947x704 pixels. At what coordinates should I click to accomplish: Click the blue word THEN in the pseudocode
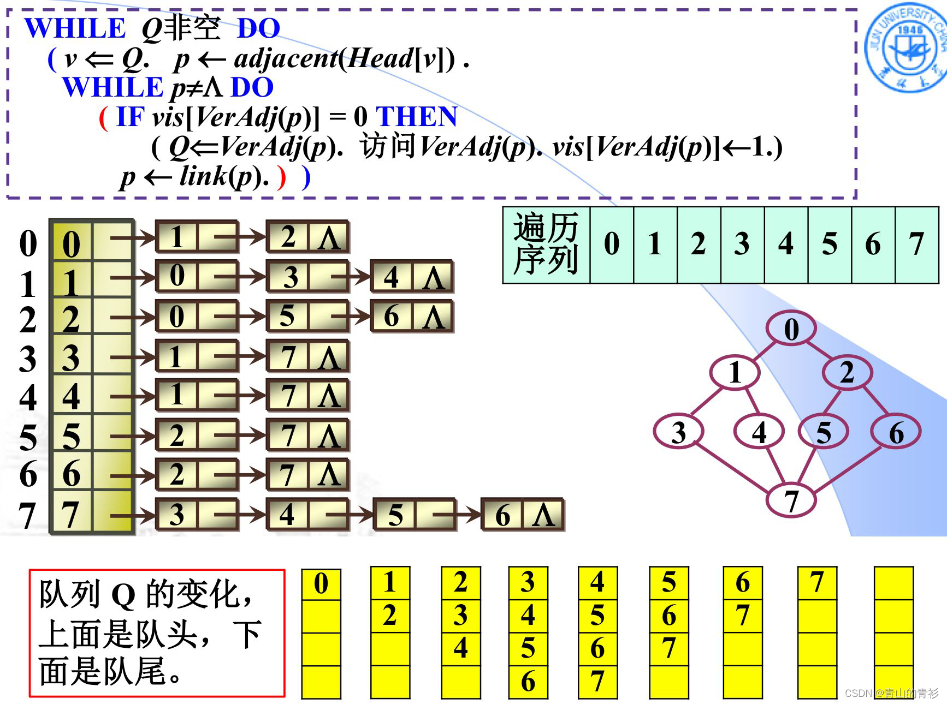tap(417, 117)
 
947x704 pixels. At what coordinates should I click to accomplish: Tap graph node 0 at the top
tap(791, 329)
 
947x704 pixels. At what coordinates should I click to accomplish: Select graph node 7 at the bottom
tap(791, 499)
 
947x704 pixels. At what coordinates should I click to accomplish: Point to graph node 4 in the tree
tap(759, 432)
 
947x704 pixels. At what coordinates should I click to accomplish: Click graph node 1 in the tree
tap(735, 373)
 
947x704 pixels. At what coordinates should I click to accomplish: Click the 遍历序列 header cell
tap(546, 244)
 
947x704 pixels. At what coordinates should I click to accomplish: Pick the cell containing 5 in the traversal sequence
tap(829, 244)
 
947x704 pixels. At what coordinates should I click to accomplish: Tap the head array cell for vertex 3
tap(71, 357)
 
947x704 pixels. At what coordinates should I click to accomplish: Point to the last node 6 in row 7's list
tap(502, 515)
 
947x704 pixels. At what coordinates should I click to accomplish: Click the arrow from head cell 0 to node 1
tap(133, 237)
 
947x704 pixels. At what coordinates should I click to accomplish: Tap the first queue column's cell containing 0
tap(321, 584)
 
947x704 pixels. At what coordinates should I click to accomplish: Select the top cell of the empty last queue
tap(893, 583)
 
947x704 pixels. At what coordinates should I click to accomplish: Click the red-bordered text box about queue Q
tap(157, 633)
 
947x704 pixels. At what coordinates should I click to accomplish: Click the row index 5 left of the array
tap(27, 437)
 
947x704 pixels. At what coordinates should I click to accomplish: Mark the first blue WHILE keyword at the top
tap(75, 28)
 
